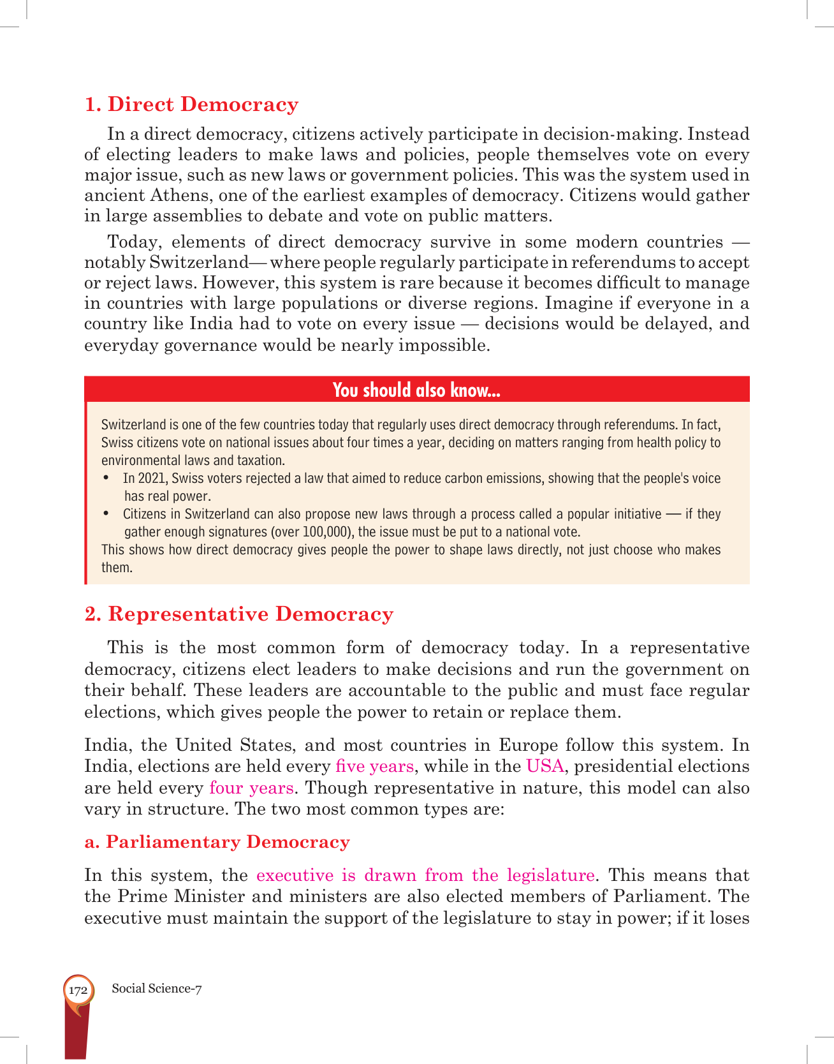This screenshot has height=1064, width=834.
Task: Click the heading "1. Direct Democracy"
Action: (x=191, y=105)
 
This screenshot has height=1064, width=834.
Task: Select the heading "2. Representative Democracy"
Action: (x=239, y=614)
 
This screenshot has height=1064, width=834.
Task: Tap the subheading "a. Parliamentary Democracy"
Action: (x=217, y=842)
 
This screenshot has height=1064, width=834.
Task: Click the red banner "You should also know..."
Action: (x=416, y=390)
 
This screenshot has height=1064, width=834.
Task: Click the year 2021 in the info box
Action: (x=152, y=478)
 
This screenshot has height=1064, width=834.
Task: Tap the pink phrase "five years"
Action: (x=374, y=766)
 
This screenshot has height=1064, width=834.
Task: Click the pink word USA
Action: (x=545, y=766)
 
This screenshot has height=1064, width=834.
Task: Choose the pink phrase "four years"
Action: (x=251, y=788)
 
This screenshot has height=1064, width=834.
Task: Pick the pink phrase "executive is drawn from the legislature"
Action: (x=425, y=875)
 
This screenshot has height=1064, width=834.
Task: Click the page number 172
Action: (x=78, y=991)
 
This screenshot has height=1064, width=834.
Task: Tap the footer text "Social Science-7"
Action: (x=157, y=989)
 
